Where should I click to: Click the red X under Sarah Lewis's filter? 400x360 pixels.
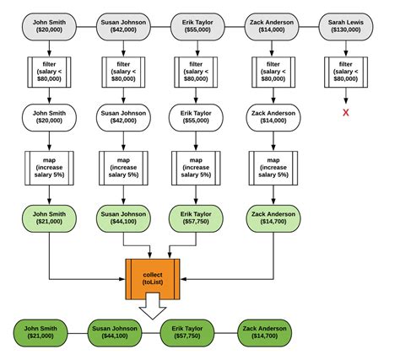[345, 112]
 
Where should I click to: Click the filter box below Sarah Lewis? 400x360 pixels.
[345, 73]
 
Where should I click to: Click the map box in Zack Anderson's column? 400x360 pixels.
[273, 167]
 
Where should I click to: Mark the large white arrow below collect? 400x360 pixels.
[154, 310]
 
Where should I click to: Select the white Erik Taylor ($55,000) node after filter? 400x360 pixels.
[197, 117]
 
